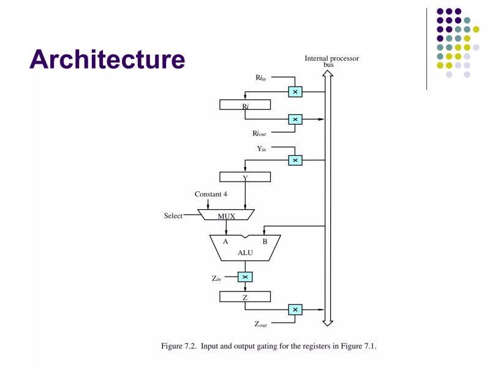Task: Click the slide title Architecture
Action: [107, 59]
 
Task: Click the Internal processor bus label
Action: [331, 61]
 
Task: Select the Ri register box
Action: [244, 105]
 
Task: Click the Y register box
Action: [244, 177]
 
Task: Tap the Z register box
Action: [244, 297]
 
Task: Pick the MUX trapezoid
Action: [227, 215]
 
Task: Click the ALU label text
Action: [244, 253]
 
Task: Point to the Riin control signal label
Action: [260, 78]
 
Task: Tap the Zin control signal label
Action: [216, 278]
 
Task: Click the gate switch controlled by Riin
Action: [295, 92]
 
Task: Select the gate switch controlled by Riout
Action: [295, 119]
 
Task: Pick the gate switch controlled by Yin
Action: [295, 160]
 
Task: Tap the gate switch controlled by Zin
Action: [245, 277]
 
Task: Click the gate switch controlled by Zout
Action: [295, 310]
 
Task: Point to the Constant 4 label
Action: [211, 194]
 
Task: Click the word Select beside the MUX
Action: [173, 216]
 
